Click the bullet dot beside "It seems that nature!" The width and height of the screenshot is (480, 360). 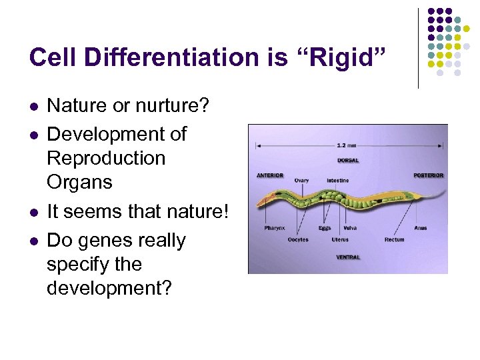[34, 212]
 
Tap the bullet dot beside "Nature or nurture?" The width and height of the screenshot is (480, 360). [34, 106]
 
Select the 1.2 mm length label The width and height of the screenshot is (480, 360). [347, 145]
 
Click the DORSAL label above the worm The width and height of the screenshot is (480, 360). [348, 160]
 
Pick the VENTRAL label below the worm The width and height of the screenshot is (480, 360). [348, 257]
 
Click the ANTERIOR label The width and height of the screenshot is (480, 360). [270, 176]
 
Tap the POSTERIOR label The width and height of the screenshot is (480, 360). [428, 176]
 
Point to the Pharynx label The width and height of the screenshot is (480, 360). [274, 228]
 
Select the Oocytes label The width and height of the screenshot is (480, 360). [297, 239]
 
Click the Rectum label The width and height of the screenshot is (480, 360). [394, 239]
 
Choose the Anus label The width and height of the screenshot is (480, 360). [420, 228]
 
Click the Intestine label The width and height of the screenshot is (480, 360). [337, 181]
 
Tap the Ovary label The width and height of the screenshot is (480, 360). [301, 181]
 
